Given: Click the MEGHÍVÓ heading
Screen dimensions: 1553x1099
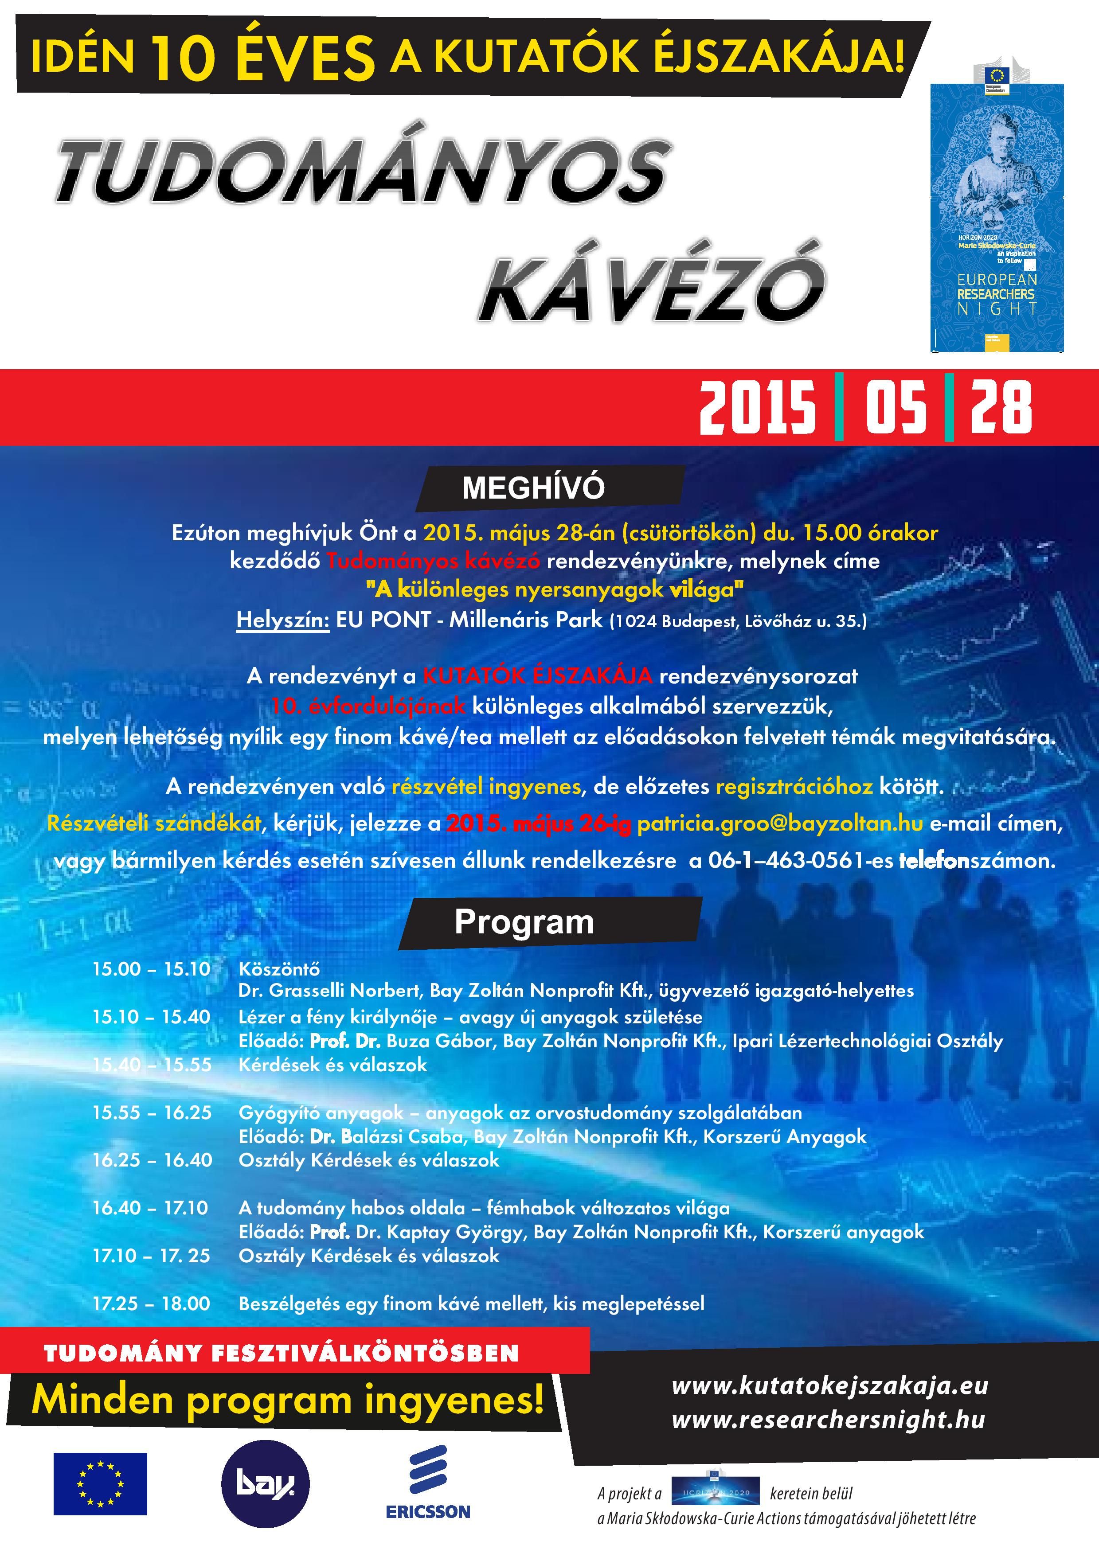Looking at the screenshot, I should pos(533,488).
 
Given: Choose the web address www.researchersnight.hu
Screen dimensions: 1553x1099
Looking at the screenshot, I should pos(828,1419).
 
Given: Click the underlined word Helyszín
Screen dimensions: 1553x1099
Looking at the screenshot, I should pos(282,620).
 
